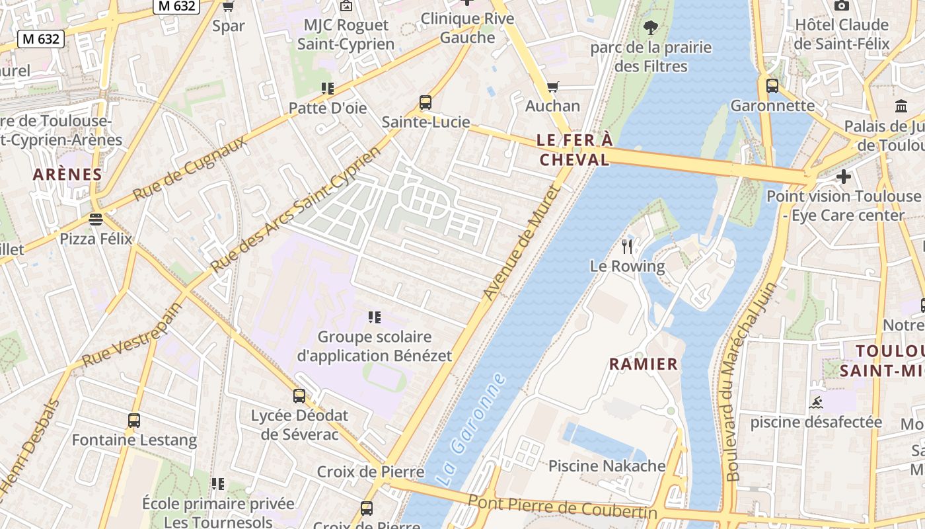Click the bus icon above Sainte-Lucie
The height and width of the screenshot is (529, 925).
[425, 102]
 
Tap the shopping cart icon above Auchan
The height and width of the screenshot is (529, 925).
[553, 87]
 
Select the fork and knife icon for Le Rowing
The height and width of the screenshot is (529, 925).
[627, 247]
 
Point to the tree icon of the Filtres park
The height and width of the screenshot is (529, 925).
[651, 28]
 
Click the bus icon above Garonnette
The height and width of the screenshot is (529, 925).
[772, 85]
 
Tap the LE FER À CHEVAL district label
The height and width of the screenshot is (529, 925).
[574, 150]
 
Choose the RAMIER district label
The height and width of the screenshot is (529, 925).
[644, 364]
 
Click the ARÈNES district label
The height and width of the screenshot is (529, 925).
[67, 175]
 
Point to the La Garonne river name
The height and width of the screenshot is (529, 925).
[471, 430]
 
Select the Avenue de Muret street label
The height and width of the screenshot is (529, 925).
[521, 243]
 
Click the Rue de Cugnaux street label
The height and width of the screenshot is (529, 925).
[190, 169]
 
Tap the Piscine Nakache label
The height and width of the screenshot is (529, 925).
[607, 466]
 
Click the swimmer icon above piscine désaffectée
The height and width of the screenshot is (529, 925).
[815, 402]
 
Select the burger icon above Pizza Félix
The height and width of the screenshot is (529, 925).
[96, 219]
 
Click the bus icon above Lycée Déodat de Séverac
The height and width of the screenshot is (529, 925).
[299, 396]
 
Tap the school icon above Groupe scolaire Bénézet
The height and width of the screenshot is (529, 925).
[375, 317]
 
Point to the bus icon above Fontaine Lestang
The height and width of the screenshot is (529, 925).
[134, 420]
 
